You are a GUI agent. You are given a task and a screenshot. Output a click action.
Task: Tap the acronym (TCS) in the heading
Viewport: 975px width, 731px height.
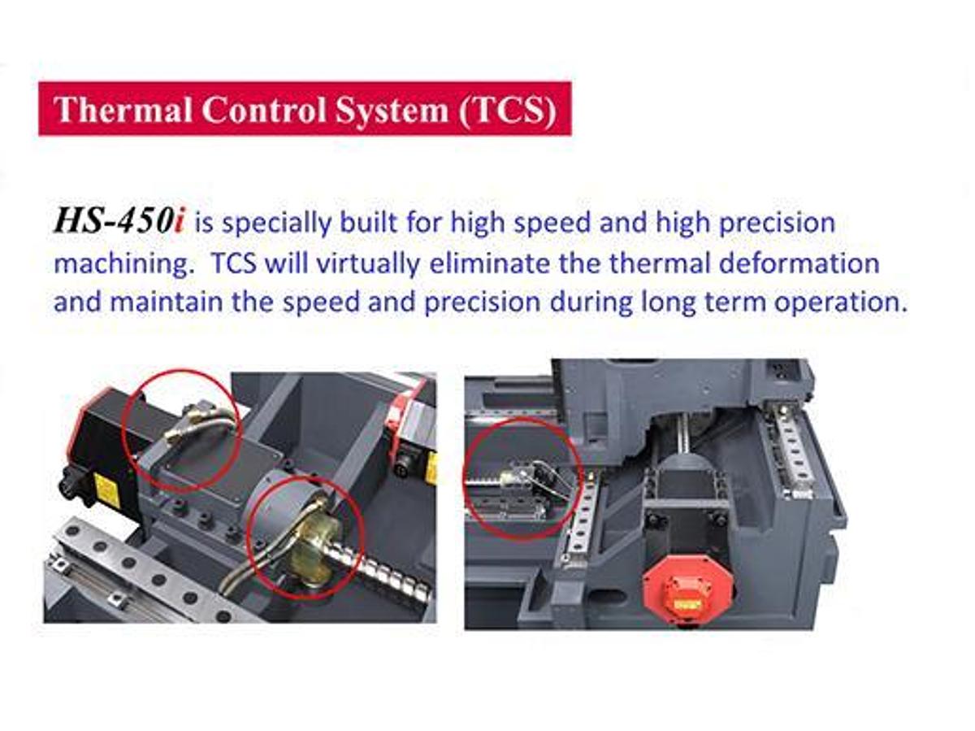click(507, 110)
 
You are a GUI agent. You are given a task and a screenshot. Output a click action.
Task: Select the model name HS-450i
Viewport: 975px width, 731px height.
click(119, 221)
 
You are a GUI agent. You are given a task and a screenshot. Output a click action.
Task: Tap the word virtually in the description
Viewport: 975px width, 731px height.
click(368, 264)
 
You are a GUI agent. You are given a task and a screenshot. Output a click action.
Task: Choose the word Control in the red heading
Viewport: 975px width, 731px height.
click(263, 109)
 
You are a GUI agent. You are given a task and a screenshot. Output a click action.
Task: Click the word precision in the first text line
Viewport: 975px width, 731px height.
click(777, 223)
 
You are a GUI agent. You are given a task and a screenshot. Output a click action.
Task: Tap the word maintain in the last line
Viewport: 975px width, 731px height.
click(166, 302)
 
